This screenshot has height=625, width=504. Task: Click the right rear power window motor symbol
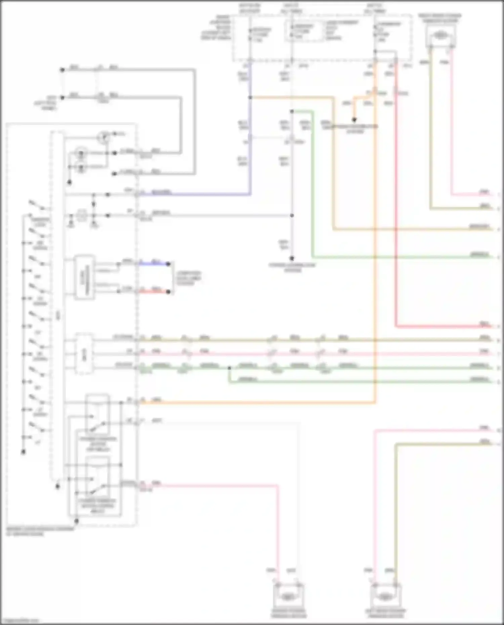click(x=440, y=36)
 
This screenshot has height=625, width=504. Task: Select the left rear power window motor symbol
click(x=385, y=597)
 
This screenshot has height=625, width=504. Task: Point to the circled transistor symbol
click(x=104, y=137)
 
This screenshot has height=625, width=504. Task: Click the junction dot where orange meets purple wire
click(x=250, y=97)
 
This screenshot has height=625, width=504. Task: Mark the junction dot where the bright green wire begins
click(x=292, y=111)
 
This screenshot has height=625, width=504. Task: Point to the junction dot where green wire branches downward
click(x=229, y=368)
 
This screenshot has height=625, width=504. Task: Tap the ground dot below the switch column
click(x=23, y=452)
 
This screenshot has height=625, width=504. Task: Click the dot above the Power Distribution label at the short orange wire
click(x=354, y=120)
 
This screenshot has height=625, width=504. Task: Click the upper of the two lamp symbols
click(x=81, y=153)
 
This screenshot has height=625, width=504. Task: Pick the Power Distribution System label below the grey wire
click(x=292, y=267)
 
